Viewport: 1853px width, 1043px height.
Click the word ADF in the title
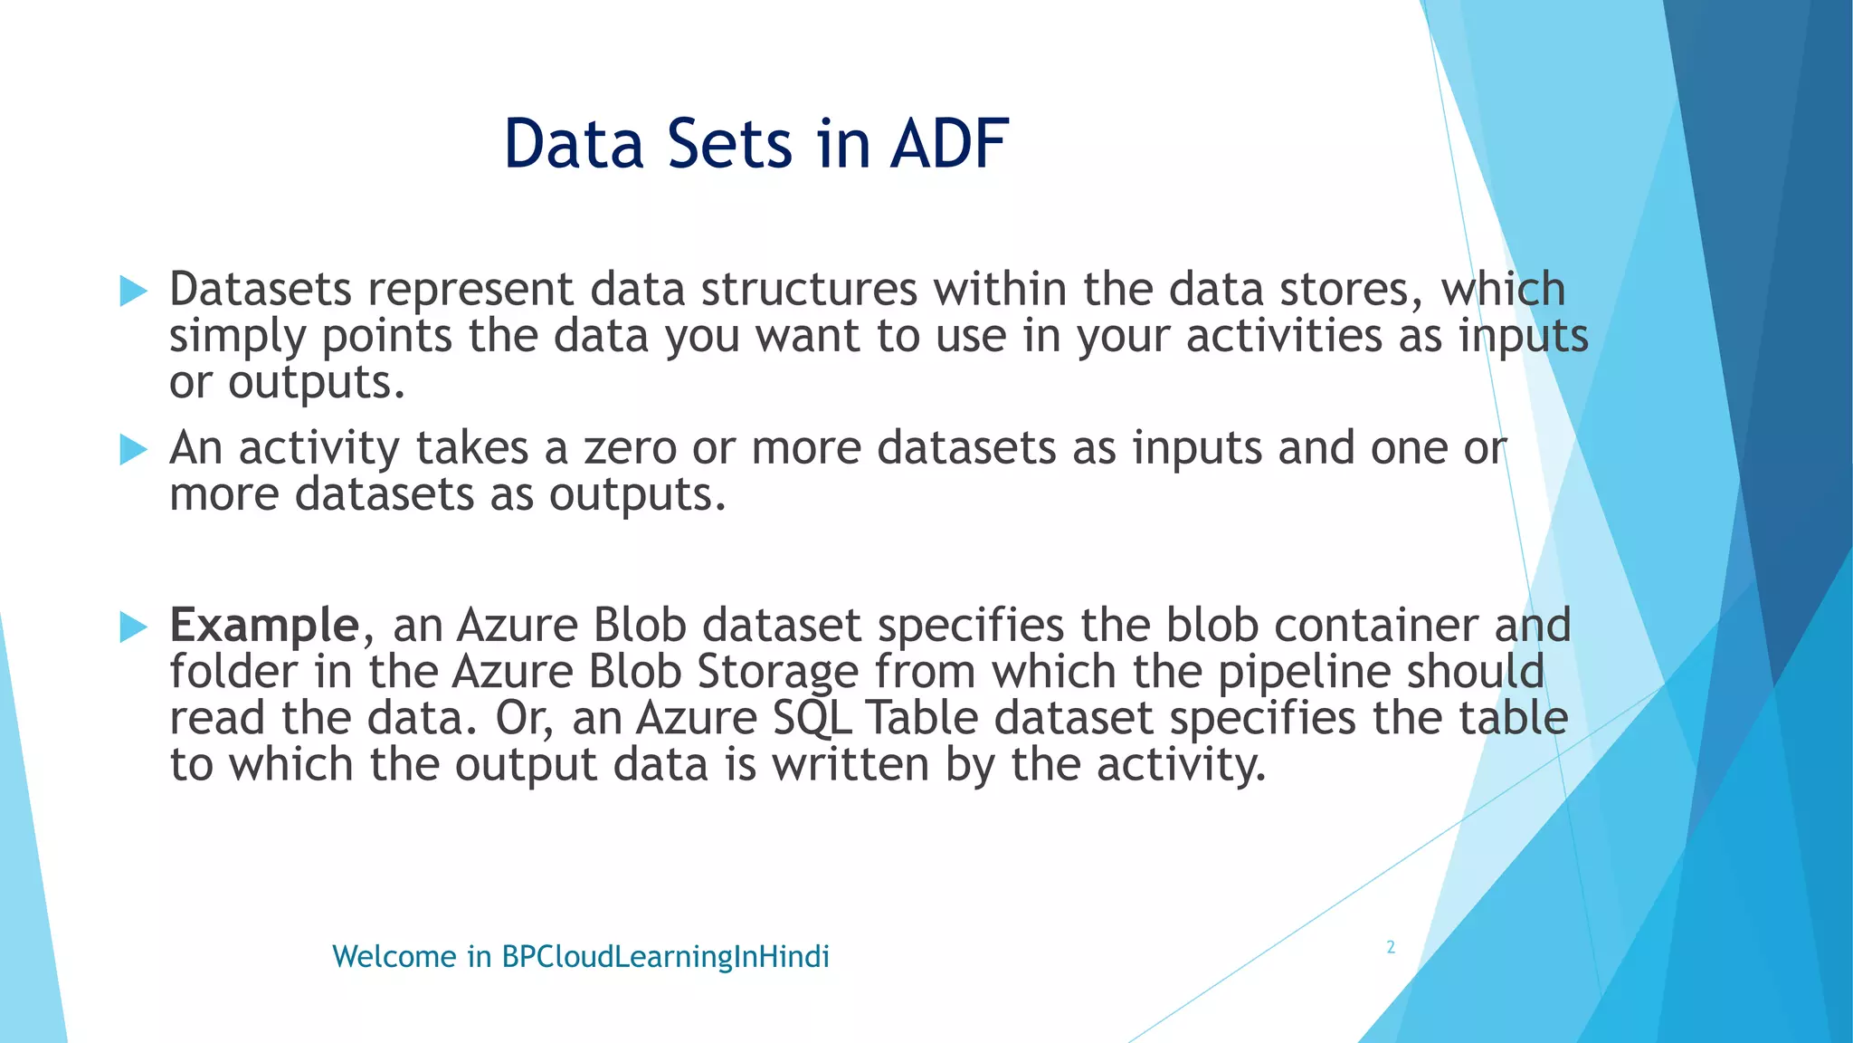949,144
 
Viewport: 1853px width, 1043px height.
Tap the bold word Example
264,626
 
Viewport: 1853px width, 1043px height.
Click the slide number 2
1391,947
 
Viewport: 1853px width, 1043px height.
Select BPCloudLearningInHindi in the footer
665,957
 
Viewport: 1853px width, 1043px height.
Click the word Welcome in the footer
394,957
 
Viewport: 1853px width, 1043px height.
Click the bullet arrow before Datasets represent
133,292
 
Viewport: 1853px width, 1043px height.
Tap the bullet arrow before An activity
133,449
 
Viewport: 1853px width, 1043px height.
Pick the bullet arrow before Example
133,627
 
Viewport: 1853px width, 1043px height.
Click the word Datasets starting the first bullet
261,290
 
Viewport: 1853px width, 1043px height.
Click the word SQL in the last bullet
812,719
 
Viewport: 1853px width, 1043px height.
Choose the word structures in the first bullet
809,290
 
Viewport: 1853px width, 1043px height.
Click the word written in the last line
850,765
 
